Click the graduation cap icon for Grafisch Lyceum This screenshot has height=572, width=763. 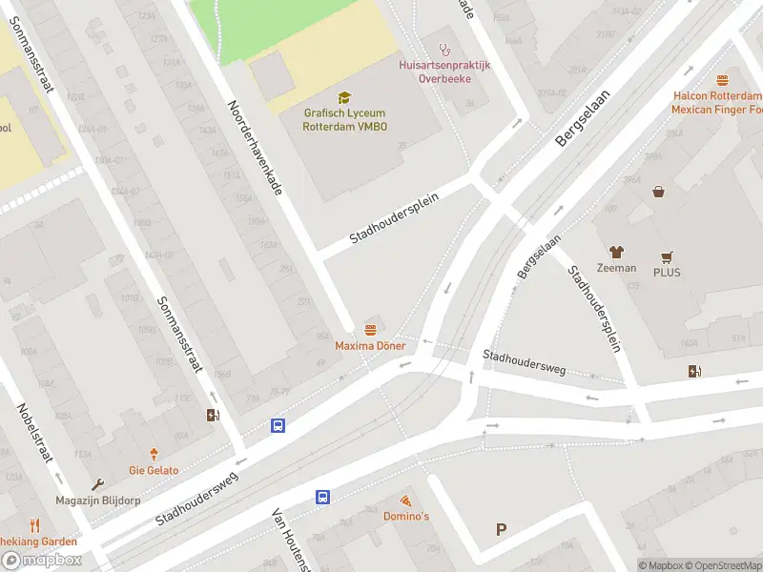click(343, 97)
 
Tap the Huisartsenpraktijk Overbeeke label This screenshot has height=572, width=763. click(443, 71)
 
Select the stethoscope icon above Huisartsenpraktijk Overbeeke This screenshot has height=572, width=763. click(443, 49)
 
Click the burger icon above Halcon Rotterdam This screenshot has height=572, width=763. click(722, 81)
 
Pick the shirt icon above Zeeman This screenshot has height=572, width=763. click(616, 252)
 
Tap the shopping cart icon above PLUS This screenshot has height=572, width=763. click(667, 257)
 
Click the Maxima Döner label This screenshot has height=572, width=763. click(370, 345)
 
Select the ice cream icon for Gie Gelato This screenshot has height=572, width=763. click(153, 455)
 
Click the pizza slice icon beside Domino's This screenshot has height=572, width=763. click(405, 500)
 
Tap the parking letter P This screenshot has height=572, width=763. click(501, 530)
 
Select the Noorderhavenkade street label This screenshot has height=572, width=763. click(255, 148)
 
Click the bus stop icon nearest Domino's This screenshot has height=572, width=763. click(323, 497)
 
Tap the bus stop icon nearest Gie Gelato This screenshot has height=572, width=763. click(278, 426)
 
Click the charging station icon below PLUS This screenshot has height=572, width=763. click(693, 371)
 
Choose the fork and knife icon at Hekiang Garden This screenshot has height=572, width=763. click(35, 525)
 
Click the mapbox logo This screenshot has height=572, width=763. click(42, 561)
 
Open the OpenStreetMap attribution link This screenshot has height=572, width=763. click(723, 565)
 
